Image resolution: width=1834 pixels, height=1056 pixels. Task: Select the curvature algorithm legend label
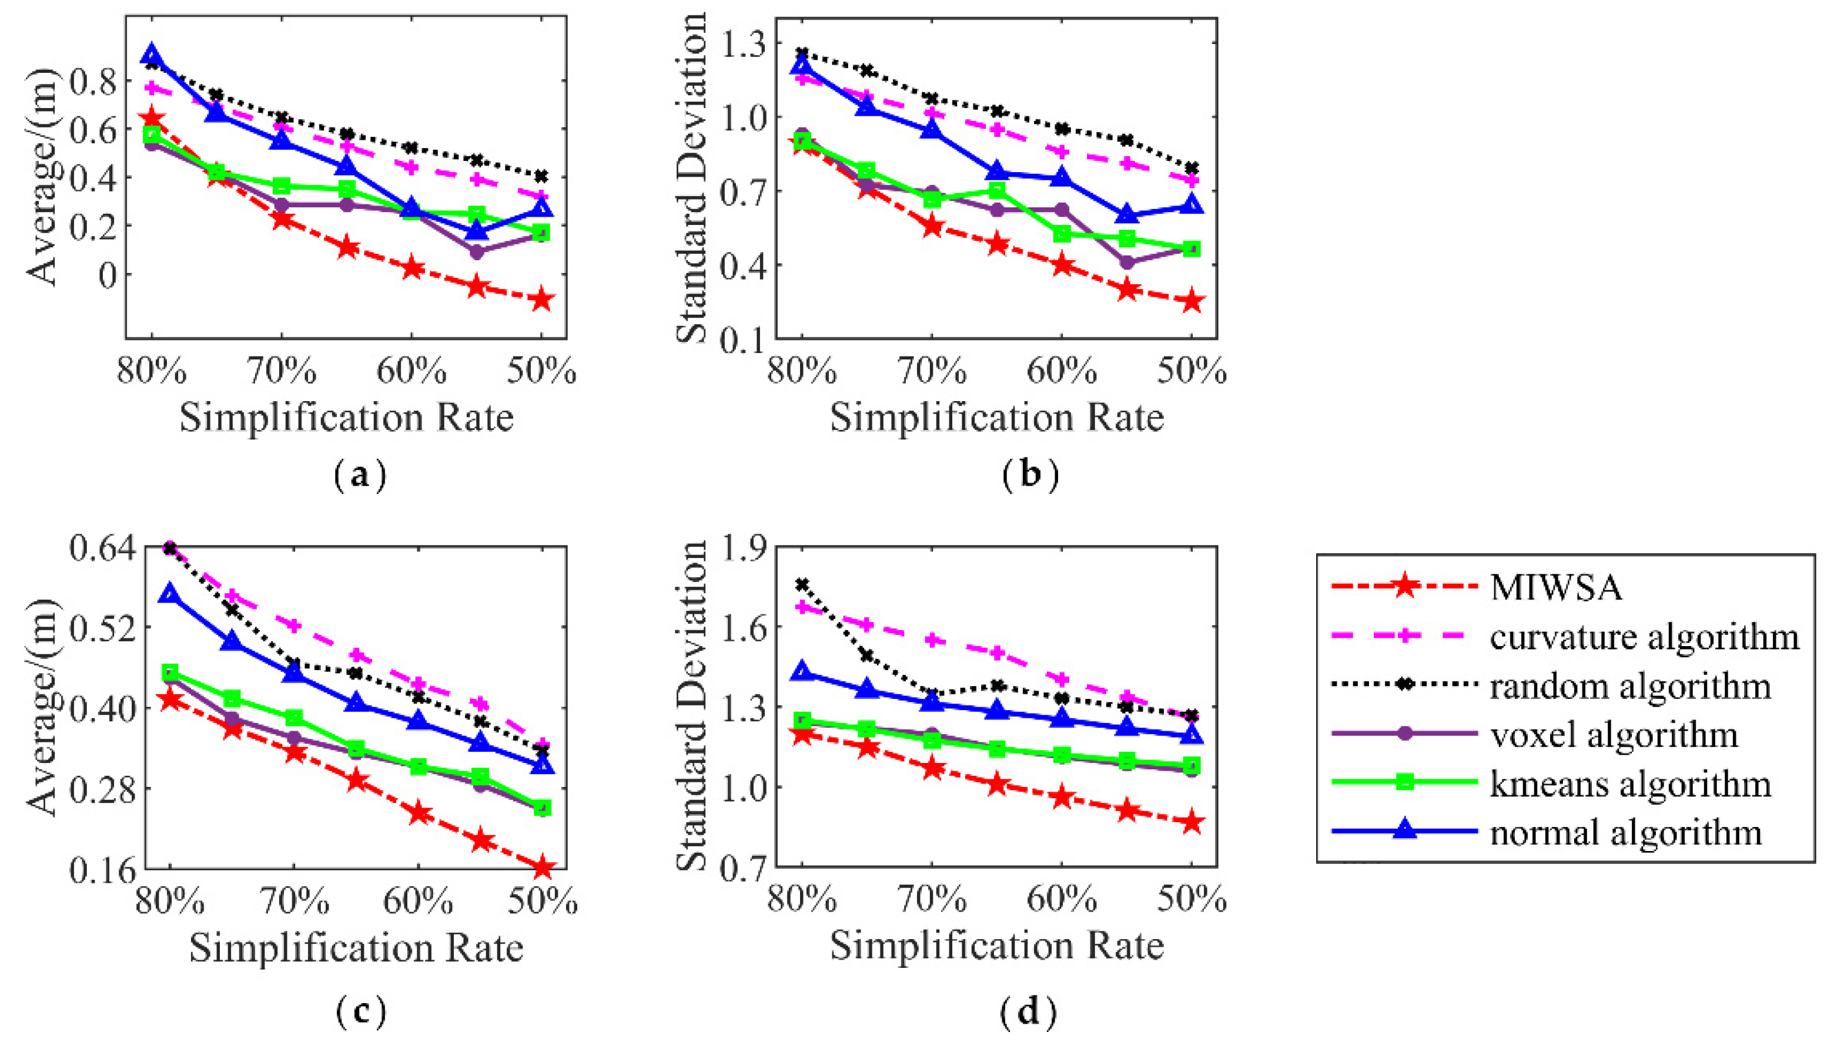[x=1645, y=636]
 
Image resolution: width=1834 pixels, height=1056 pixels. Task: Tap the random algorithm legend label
[x=1630, y=685]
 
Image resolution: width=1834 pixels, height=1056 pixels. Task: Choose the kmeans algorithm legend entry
[x=1630, y=783]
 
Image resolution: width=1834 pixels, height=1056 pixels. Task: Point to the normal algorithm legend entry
[x=1626, y=832]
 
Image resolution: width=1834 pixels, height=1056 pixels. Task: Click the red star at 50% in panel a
[x=541, y=300]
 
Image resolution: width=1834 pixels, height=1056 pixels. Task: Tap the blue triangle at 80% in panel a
[x=152, y=55]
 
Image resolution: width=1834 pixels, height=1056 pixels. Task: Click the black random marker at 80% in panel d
[x=802, y=584]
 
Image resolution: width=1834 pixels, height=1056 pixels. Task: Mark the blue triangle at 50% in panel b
[x=1191, y=205]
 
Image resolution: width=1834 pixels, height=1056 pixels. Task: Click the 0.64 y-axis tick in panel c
[x=102, y=547]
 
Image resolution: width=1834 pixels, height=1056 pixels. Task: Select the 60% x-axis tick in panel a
[x=411, y=371]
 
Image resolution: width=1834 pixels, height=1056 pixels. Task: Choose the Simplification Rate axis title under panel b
[x=996, y=419]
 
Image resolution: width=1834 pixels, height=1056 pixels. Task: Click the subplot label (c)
[x=361, y=1011]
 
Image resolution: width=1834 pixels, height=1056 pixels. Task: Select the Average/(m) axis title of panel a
[x=42, y=178]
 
